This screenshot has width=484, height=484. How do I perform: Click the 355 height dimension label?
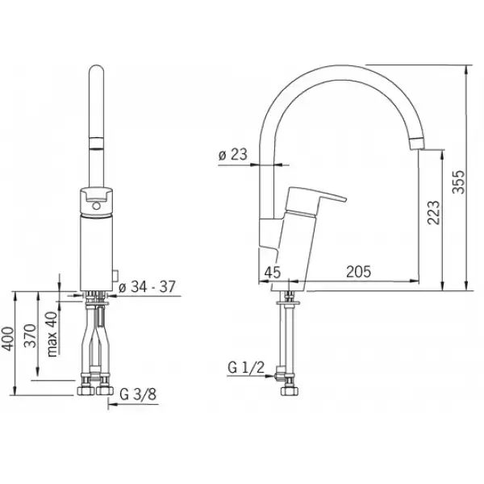458,181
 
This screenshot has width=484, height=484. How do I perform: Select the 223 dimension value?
433,212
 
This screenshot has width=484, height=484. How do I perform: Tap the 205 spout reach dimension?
358,272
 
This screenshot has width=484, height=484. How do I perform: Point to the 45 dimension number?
273,273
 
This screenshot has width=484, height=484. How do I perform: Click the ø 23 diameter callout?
233,154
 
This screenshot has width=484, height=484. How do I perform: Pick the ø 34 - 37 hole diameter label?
147,286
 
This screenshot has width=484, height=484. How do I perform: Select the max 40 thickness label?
52,334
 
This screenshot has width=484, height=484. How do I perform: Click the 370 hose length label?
31,336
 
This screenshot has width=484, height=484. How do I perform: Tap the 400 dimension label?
8,339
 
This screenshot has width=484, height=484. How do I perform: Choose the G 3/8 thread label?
138,394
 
